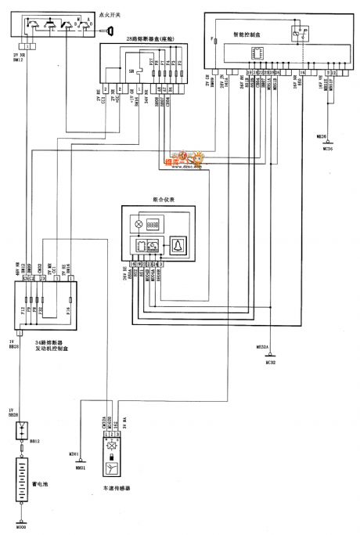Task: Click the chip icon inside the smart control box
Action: (255, 52)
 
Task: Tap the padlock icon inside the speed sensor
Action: (110, 454)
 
